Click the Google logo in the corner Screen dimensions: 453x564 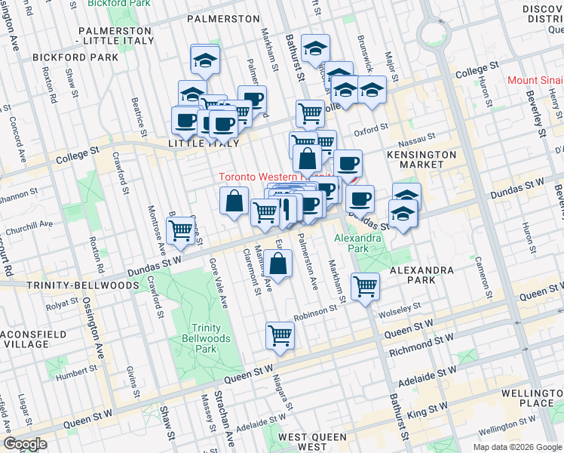(x=25, y=444)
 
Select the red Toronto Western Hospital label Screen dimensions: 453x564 (x=264, y=177)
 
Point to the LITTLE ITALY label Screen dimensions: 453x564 (x=204, y=143)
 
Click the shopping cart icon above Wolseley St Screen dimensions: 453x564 (x=366, y=286)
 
